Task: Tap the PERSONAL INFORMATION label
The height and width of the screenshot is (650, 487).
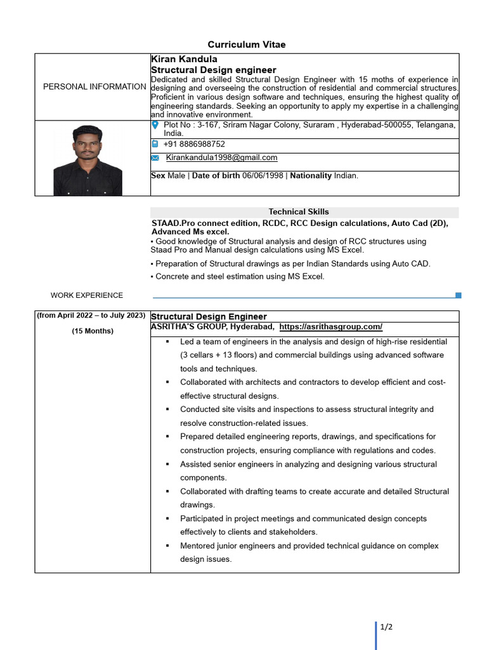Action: click(94, 86)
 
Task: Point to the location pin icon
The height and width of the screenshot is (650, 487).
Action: click(155, 126)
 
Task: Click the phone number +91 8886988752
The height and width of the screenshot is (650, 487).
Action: click(194, 144)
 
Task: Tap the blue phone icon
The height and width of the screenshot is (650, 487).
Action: click(155, 144)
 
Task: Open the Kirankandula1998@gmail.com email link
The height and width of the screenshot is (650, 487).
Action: click(221, 157)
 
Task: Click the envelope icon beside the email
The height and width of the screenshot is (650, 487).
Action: click(155, 158)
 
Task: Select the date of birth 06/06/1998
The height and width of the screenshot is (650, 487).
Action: click(264, 175)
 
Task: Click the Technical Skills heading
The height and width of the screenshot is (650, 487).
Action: click(299, 211)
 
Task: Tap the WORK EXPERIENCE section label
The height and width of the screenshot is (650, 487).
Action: click(87, 295)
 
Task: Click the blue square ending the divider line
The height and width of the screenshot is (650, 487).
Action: click(458, 295)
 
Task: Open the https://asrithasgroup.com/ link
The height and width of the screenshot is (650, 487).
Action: click(330, 326)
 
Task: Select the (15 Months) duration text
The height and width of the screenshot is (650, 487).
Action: click(93, 331)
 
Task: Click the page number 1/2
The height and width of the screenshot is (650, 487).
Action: click(387, 627)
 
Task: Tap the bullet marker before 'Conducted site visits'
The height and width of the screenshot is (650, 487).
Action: click(167, 409)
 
